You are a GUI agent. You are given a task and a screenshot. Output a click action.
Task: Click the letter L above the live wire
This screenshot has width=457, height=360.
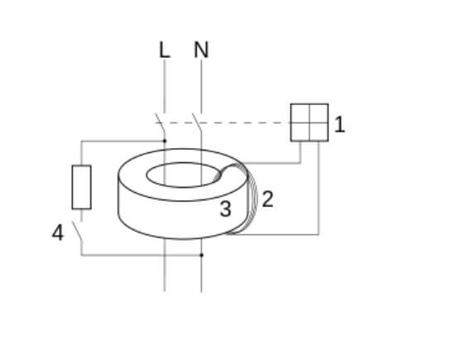coord(165,50)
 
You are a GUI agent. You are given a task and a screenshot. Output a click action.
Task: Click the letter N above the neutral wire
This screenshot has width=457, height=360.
coord(201,50)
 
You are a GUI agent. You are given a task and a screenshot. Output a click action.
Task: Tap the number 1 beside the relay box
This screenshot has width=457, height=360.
coord(339,125)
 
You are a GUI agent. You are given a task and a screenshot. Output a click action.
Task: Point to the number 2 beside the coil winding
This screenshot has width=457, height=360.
coord(268,199)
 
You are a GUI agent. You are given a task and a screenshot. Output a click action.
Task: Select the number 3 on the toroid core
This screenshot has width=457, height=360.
coord(225,209)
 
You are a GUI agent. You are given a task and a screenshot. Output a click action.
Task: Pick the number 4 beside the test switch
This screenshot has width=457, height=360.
coord(58,233)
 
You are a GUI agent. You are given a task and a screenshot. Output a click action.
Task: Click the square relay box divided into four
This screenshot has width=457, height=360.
coord(310,122)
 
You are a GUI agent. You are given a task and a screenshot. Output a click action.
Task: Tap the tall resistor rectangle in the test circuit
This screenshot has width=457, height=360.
coord(82,187)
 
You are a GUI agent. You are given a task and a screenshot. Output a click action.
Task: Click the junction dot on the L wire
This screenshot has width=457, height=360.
coord(165,141)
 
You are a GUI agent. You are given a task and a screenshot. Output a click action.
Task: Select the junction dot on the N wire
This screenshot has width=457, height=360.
coord(201,255)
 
